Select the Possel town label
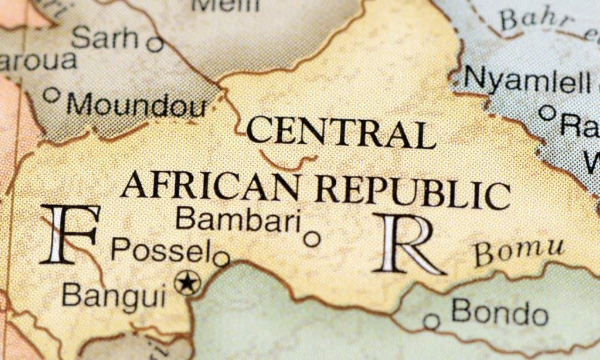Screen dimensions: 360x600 click(161, 251)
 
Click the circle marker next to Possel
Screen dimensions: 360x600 click(221, 259)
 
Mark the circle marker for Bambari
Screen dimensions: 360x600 click(312, 239)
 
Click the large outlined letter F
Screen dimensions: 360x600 click(69, 234)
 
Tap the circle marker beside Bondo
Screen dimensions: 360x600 click(432, 321)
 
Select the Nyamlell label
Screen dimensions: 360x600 click(527, 80)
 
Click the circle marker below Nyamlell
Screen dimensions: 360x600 click(547, 112)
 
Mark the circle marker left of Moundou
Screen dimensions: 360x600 click(52, 94)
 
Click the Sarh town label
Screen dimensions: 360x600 click(105, 38)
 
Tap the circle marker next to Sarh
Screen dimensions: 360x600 click(155, 44)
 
